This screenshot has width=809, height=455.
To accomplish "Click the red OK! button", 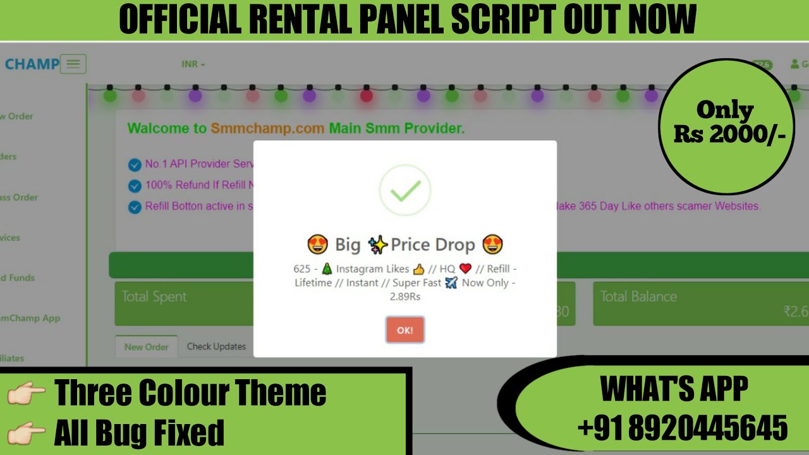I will [x=405, y=330].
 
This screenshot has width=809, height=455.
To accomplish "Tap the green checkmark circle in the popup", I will [x=405, y=190].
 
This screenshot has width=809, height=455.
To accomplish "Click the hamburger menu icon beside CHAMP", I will [x=73, y=64].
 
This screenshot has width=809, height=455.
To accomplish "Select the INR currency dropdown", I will [x=193, y=64].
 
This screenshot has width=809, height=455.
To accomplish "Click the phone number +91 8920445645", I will [x=683, y=428].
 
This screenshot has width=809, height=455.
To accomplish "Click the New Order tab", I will [x=146, y=346].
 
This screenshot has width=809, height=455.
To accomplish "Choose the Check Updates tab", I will [x=216, y=346].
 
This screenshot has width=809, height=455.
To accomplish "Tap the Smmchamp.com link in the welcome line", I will [x=267, y=128].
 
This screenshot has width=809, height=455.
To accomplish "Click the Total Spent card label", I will [x=154, y=296].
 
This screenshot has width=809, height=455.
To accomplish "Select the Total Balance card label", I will [x=638, y=296].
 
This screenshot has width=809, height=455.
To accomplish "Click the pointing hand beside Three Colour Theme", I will [x=27, y=394].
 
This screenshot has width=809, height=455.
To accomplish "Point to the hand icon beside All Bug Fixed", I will [x=27, y=434].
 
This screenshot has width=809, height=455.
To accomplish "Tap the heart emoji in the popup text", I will [x=466, y=269].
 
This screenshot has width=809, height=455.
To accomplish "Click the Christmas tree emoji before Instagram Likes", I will [x=327, y=269].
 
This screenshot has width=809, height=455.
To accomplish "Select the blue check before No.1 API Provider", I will [x=135, y=165].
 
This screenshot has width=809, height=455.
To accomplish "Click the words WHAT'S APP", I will [x=674, y=389].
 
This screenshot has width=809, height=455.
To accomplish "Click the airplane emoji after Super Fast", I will [x=451, y=283].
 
